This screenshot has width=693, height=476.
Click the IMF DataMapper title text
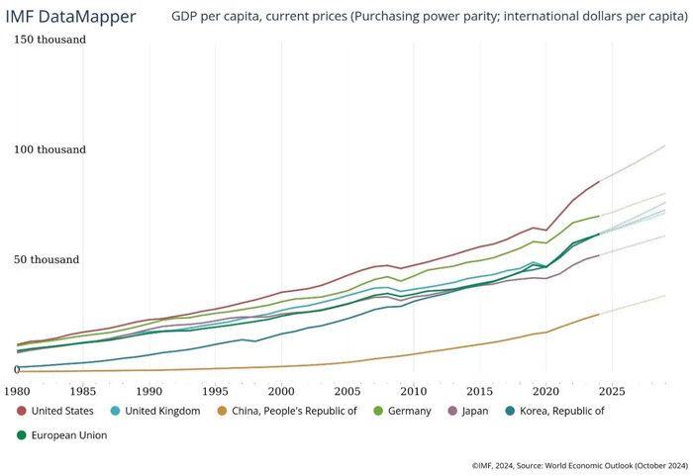[73, 17]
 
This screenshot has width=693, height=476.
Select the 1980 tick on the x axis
[17, 390]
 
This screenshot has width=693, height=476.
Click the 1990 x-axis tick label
[149, 390]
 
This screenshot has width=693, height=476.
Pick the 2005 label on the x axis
[347, 390]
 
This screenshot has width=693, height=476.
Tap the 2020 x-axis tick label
[546, 390]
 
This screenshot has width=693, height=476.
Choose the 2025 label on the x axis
[612, 390]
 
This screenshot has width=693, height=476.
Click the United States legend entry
[62, 411]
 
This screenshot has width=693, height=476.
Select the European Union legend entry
[68, 434]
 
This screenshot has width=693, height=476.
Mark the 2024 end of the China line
[599, 315]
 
